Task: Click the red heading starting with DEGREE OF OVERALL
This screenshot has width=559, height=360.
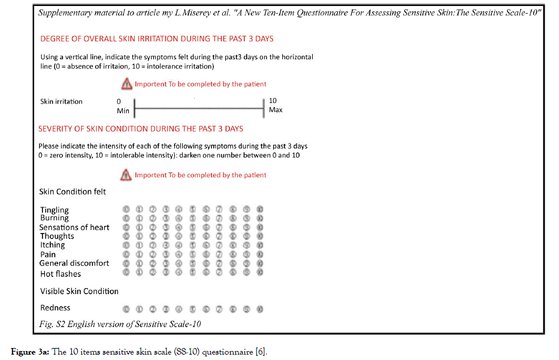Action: click(x=156, y=39)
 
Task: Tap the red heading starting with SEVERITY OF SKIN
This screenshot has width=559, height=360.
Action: click(x=141, y=129)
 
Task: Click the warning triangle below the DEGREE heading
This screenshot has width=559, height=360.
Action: click(x=126, y=84)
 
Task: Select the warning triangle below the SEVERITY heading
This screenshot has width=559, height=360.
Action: click(x=126, y=175)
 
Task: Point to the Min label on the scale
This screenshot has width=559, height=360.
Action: click(x=123, y=111)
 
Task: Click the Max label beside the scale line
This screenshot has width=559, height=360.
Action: click(x=276, y=110)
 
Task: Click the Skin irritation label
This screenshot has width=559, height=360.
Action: click(x=61, y=102)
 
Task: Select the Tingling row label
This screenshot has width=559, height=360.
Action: click(x=55, y=210)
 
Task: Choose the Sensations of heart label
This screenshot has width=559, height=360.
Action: click(x=74, y=228)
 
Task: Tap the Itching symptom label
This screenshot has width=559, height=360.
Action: click(x=53, y=245)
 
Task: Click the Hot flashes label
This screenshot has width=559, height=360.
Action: click(x=61, y=274)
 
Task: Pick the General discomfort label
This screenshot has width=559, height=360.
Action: click(x=74, y=263)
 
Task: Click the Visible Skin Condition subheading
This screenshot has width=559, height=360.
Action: click(x=79, y=292)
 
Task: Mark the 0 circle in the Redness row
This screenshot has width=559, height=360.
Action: click(x=126, y=309)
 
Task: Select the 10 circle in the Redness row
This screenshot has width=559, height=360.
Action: click(x=259, y=309)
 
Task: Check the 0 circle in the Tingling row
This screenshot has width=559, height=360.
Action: click(x=126, y=209)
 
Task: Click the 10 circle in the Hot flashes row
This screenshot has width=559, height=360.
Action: click(x=259, y=272)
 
